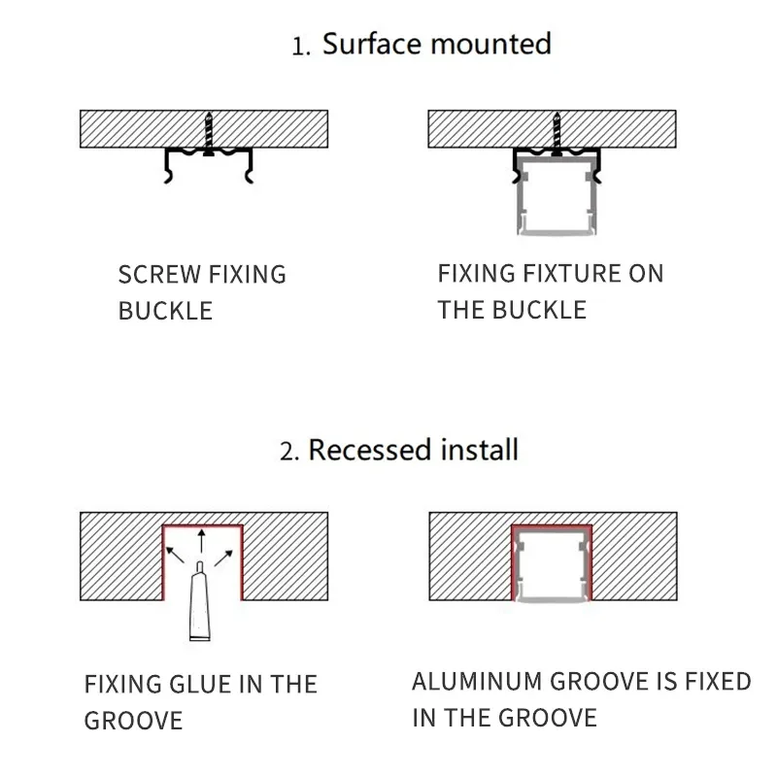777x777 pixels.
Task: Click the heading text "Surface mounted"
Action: (x=436, y=44)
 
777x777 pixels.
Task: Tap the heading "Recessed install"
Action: (x=413, y=450)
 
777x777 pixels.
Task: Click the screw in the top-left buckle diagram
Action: (x=208, y=132)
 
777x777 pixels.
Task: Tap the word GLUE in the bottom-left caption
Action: (x=199, y=684)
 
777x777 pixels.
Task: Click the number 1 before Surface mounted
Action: (x=300, y=47)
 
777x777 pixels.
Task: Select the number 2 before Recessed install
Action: (x=287, y=453)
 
